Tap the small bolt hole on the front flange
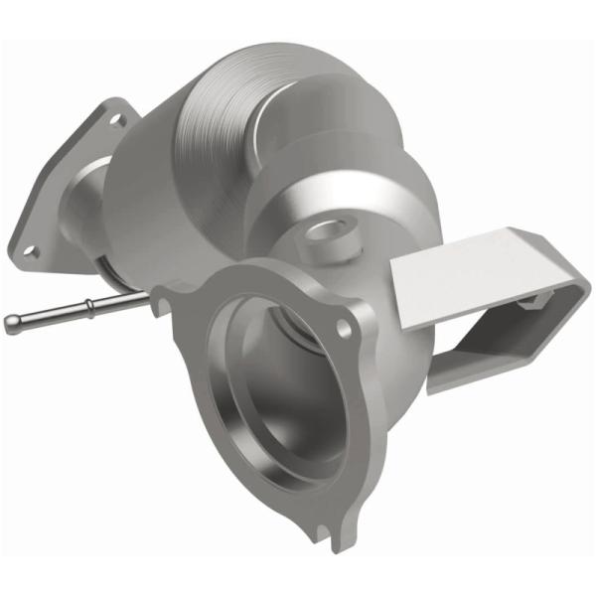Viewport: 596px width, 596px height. click(x=344, y=326)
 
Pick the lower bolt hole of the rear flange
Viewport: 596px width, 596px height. click(x=31, y=251)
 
